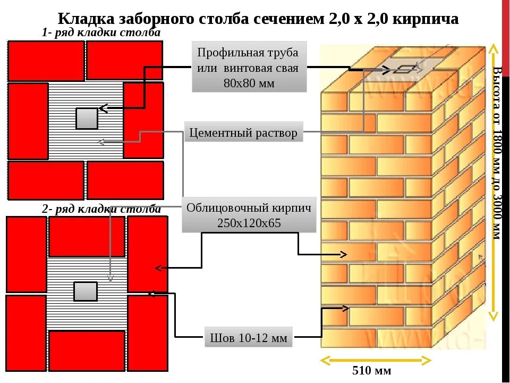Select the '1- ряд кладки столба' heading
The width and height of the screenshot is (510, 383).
(101, 33)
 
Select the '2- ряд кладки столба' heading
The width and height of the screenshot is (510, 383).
(101, 209)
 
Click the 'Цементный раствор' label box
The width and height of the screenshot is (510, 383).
(243, 132)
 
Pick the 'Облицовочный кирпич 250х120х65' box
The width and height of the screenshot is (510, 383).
(249, 215)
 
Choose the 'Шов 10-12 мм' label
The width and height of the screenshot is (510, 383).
(249, 337)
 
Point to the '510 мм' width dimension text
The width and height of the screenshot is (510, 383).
(371, 370)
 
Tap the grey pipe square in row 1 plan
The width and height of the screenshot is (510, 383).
(87, 118)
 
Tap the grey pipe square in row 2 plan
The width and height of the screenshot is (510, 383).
(85, 292)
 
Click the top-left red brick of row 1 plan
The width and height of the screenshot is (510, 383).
(46, 61)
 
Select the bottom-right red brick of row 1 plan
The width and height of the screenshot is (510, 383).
(125, 180)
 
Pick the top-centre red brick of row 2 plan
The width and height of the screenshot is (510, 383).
(87, 236)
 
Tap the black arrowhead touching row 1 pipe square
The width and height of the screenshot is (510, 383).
(103, 109)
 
